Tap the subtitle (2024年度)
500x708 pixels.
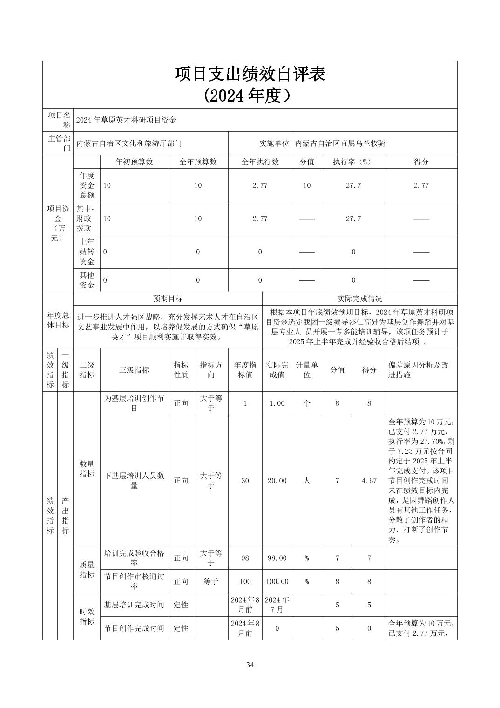click(250, 95)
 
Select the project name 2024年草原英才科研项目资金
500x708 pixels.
click(126, 120)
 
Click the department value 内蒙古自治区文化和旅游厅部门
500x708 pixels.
click(129, 143)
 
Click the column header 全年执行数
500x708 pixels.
click(260, 162)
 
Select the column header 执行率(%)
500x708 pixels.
click(353, 162)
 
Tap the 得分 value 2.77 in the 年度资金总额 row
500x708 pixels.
click(421, 185)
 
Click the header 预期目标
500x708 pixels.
click(168, 299)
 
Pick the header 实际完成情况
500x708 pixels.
click(360, 299)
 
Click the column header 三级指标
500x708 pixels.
click(134, 370)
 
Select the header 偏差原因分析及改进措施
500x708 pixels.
click(418, 370)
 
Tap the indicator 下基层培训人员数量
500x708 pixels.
click(134, 481)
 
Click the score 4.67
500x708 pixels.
click(369, 481)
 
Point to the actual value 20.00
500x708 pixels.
click(277, 481)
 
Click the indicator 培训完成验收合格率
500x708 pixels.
click(134, 558)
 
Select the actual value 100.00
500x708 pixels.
click(277, 582)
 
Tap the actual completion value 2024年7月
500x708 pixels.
click(277, 605)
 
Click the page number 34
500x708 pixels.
click(250, 665)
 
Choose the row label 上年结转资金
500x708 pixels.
click(87, 252)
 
